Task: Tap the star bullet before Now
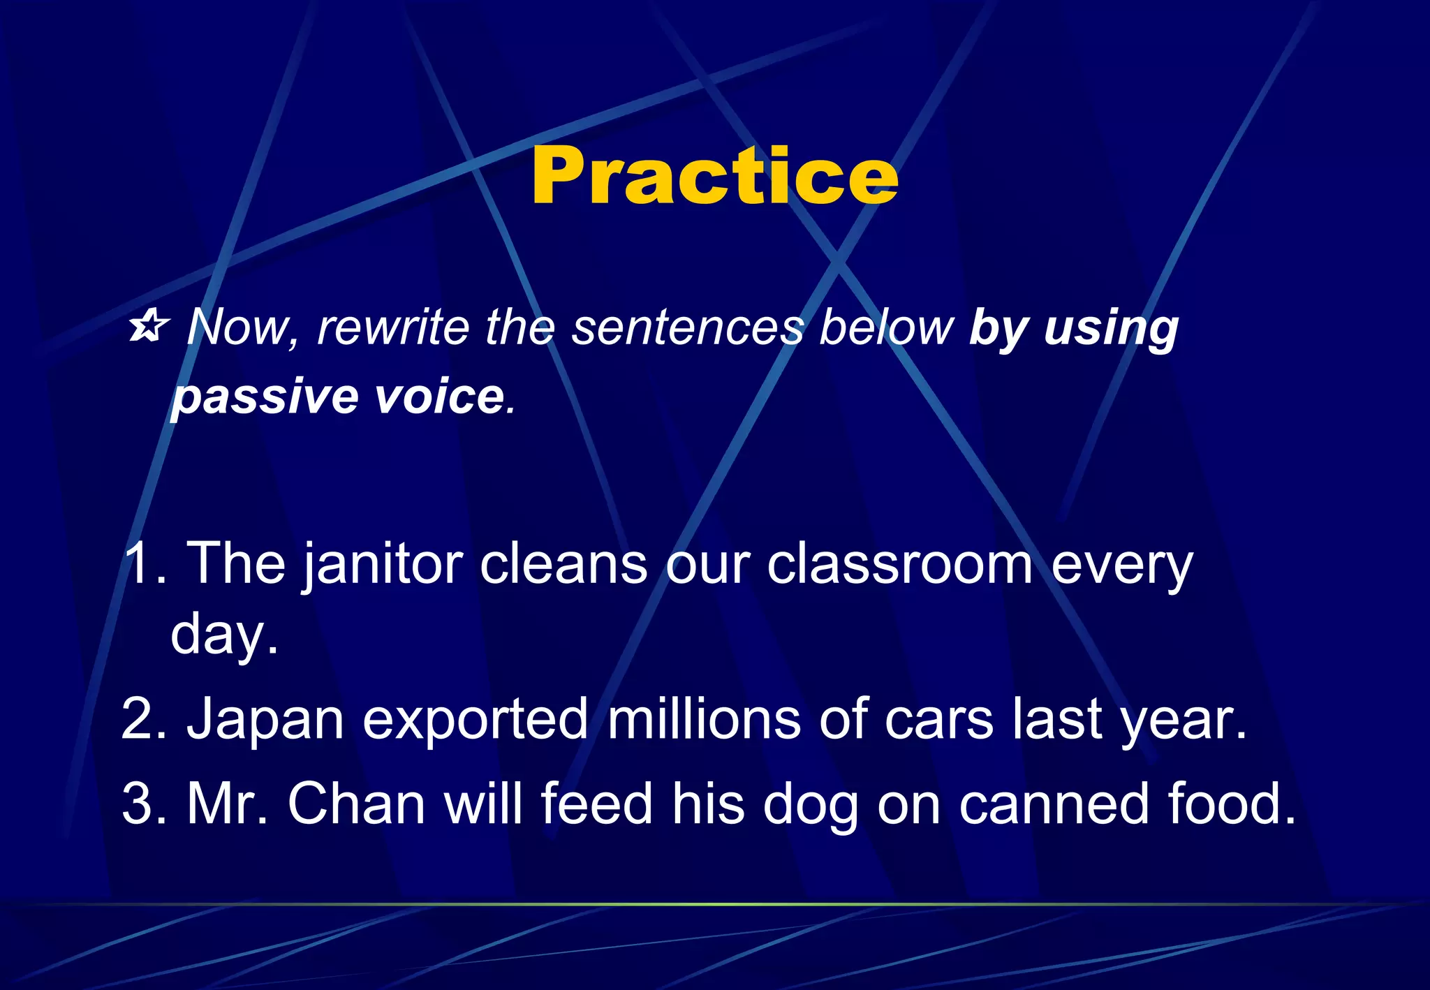[149, 327]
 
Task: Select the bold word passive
[265, 397]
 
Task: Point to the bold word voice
[439, 397]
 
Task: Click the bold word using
[1111, 328]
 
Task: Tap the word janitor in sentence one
[383, 564]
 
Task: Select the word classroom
[899, 564]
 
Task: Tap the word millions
[704, 719]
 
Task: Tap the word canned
[1054, 804]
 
